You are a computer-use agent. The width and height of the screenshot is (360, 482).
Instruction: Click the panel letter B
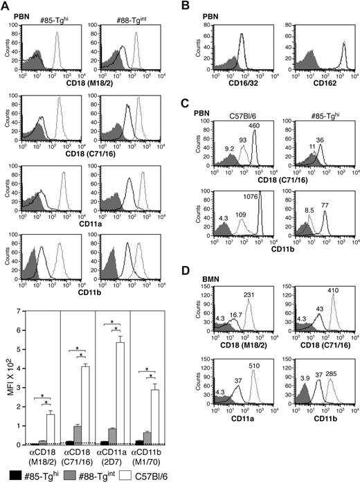tap(196, 6)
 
